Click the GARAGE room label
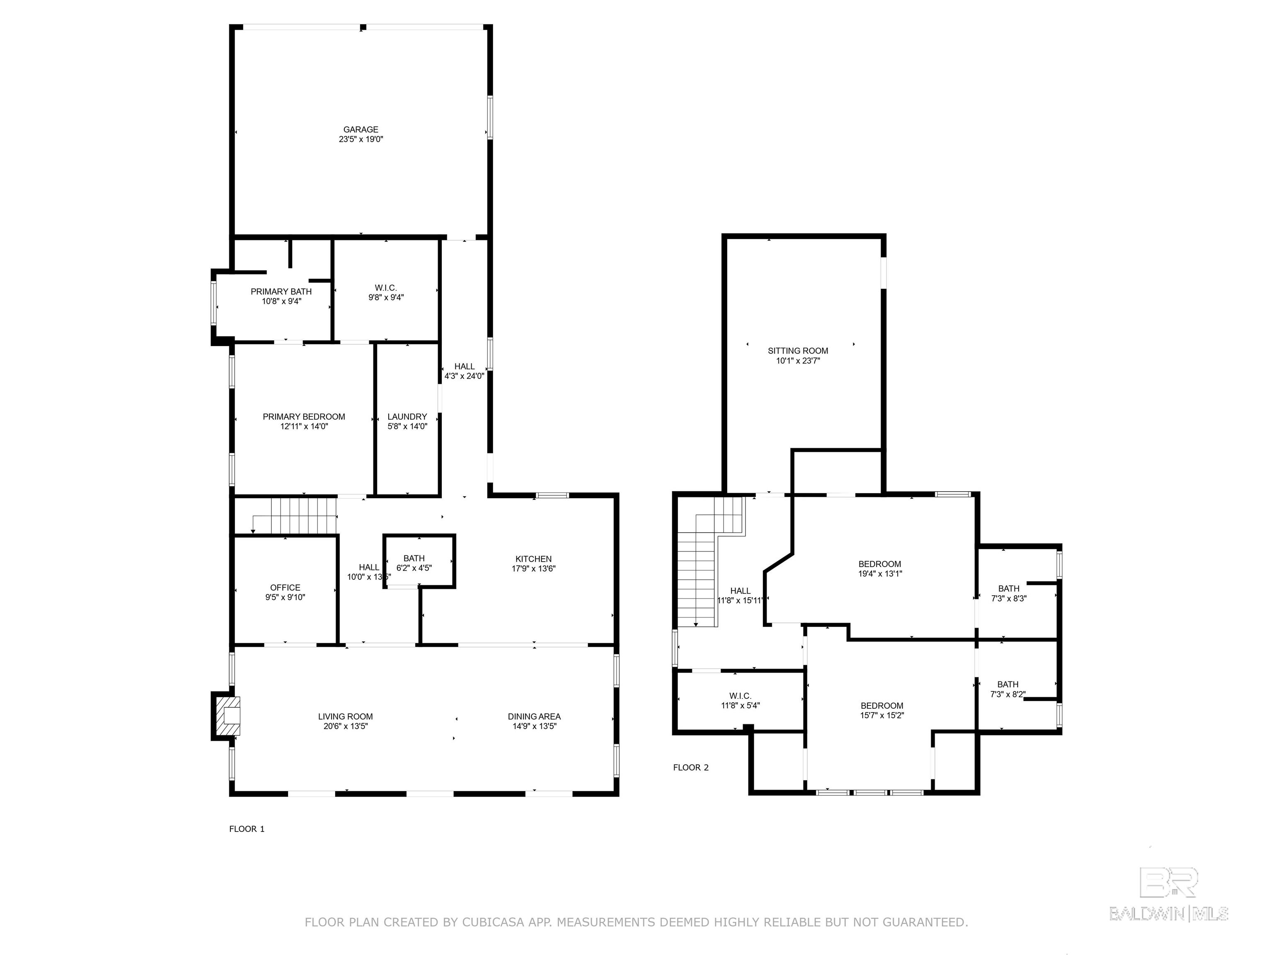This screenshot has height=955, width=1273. pyautogui.click(x=361, y=129)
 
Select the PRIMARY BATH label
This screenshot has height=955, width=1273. pyautogui.click(x=281, y=292)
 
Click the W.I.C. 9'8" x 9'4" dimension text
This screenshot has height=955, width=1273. pyautogui.click(x=386, y=298)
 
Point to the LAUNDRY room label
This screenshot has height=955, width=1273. pyautogui.click(x=407, y=417)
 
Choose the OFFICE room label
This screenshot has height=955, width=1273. pyautogui.click(x=286, y=588)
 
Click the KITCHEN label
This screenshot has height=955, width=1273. pyautogui.click(x=533, y=559)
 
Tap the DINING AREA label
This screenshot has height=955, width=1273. pyautogui.click(x=534, y=717)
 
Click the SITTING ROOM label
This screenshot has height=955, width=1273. pyautogui.click(x=798, y=351)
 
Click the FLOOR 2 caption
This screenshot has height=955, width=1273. pyautogui.click(x=691, y=767)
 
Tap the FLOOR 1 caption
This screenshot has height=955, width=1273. pyautogui.click(x=247, y=829)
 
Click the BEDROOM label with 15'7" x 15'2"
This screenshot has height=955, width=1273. pyautogui.click(x=882, y=706)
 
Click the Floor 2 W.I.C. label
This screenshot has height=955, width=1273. pyautogui.click(x=741, y=696)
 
